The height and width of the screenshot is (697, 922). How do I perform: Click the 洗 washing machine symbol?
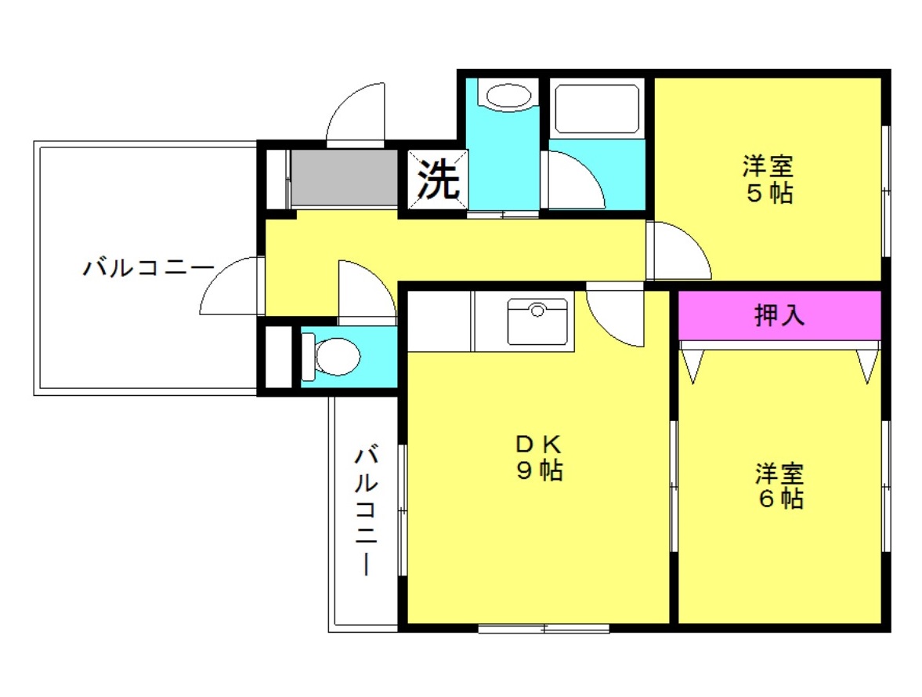[437, 181]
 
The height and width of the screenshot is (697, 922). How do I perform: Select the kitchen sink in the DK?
[537, 321]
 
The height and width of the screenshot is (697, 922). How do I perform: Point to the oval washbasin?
[508, 96]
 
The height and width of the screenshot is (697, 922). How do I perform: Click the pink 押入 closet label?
[779, 315]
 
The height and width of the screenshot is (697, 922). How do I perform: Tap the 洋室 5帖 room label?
[768, 180]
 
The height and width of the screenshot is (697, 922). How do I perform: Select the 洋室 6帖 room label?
[779, 486]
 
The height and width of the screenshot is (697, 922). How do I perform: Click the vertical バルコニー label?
[367, 510]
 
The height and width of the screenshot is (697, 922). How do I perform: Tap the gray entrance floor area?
[345, 178]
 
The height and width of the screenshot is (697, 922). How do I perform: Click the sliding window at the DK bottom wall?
[544, 627]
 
